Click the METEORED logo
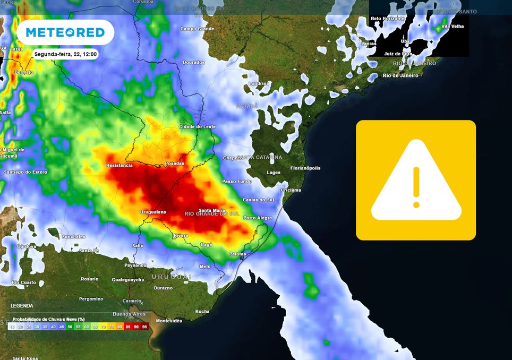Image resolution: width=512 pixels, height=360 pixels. [x=65, y=32]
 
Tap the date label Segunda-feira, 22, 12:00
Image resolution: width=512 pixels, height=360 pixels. [x=65, y=54]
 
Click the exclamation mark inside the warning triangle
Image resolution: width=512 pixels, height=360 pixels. [x=416, y=187]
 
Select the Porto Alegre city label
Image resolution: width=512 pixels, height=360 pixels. [x=257, y=218]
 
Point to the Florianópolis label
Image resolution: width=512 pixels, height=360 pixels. [x=305, y=168]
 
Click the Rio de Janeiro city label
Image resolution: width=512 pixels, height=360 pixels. [x=400, y=75]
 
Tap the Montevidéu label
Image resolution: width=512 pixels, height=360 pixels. [x=169, y=321]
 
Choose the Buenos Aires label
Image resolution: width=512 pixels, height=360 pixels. [x=132, y=314]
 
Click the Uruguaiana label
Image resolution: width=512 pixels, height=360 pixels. [x=152, y=212]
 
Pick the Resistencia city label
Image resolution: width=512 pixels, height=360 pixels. [x=120, y=165]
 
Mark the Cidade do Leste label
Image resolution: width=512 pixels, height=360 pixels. [x=198, y=126]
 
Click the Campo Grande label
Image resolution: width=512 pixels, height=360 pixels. [x=197, y=29]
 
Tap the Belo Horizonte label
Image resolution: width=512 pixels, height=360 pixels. [x=388, y=18]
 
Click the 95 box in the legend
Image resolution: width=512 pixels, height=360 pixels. [x=144, y=327]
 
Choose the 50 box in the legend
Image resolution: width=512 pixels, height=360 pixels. [x=70, y=327]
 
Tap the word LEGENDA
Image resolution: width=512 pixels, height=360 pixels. [x=22, y=306]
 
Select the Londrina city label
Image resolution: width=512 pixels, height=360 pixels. [x=259, y=84]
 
